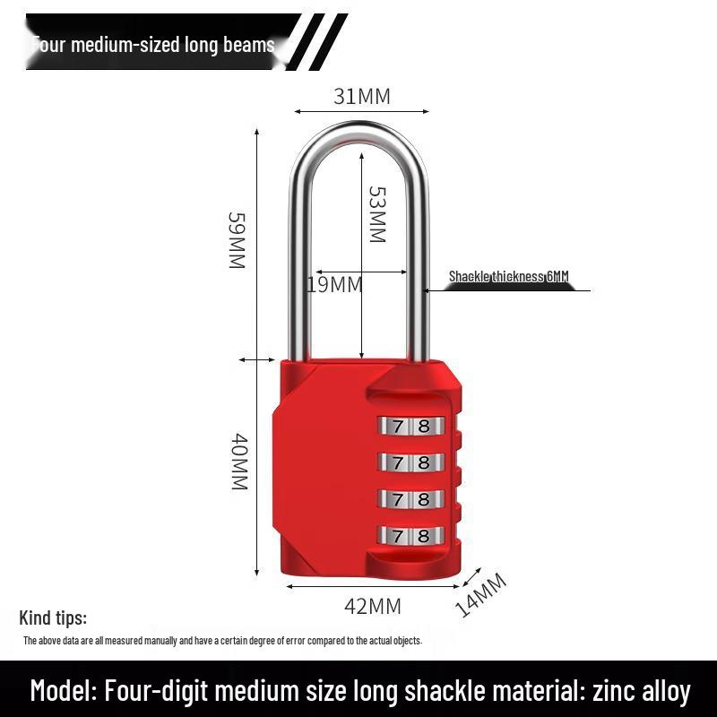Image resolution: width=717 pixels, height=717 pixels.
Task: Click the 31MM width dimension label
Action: pos(362,96)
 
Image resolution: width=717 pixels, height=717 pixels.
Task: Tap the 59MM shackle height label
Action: pos(236,240)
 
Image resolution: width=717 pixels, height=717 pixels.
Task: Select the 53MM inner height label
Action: pos(377,214)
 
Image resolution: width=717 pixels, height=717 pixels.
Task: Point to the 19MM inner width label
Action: pos(334,285)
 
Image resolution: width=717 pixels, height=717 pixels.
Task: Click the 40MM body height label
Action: pos(238,462)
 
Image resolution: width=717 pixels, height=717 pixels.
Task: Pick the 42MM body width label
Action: pos(373,607)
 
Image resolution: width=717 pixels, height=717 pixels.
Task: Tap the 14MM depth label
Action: pos(481,594)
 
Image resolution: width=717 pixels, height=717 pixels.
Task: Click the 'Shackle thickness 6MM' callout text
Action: pos(508,277)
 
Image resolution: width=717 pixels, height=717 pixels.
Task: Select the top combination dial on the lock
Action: pos(411,426)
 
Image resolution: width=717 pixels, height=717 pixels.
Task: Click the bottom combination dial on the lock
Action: pos(411,536)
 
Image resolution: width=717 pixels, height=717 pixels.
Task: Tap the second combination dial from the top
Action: pos(411,462)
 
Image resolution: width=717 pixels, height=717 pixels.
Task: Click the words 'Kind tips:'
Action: pos(53,618)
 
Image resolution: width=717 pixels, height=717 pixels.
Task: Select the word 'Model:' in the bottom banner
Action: pos(63,691)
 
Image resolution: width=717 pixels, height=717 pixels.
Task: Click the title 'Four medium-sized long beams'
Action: pos(153,45)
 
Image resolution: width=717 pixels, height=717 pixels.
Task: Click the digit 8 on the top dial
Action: pos(424,426)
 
